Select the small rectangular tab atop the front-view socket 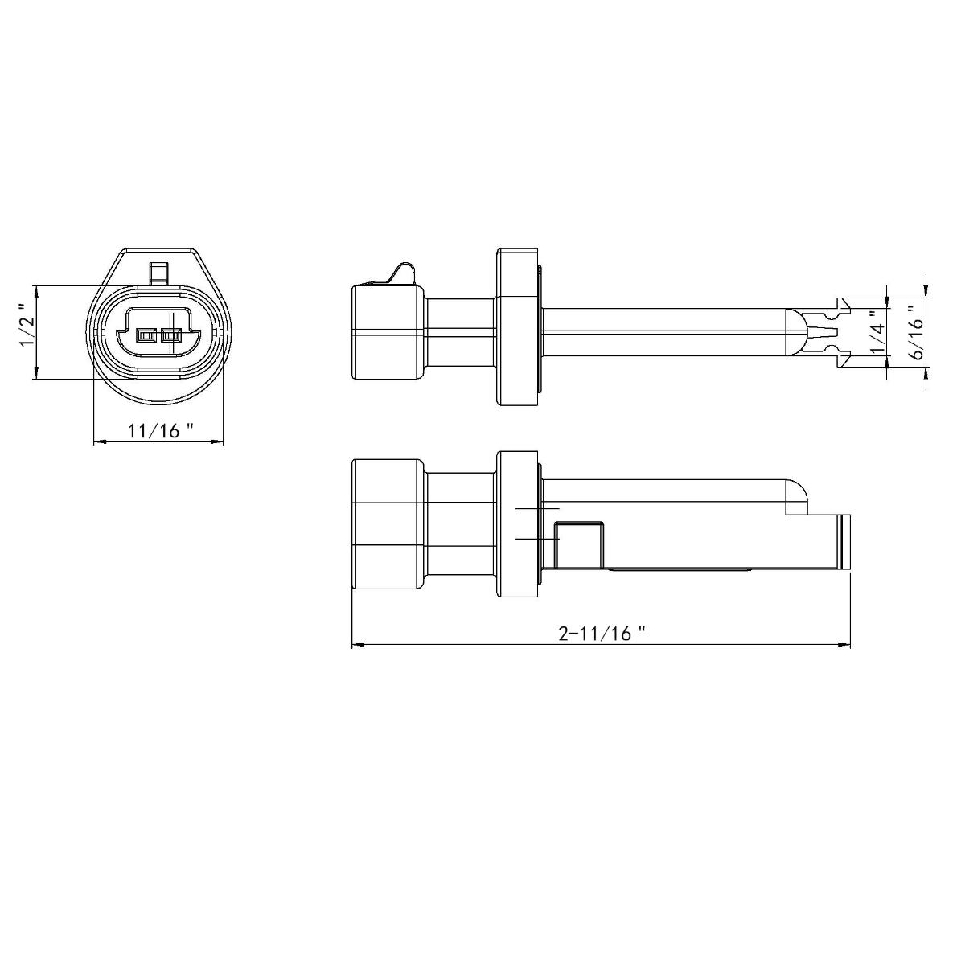pyautogui.click(x=159, y=272)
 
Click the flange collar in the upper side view pyautogui.click(x=517, y=326)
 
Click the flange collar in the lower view pyautogui.click(x=517, y=525)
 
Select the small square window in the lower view pyautogui.click(x=579, y=544)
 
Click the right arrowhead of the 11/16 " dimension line pyautogui.click(x=218, y=441)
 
